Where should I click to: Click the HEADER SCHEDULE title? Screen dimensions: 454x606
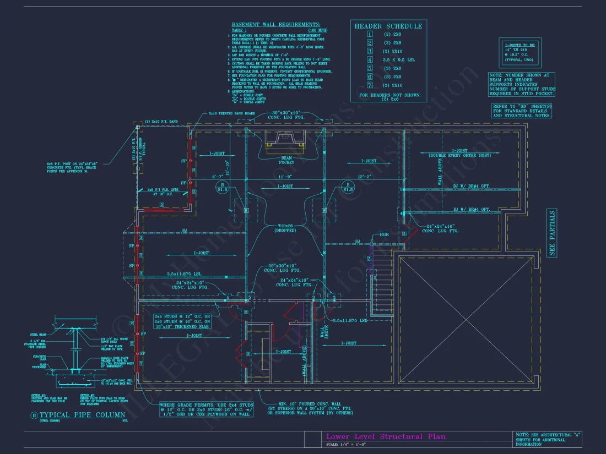[388, 26]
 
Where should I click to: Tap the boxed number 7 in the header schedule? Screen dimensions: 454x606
[370, 85]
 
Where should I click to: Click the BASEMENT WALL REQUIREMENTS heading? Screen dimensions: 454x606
[275, 25]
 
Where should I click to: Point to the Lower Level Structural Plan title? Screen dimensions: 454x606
[386, 436]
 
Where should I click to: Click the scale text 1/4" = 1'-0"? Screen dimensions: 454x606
[345, 444]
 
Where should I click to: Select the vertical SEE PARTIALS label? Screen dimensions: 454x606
[552, 232]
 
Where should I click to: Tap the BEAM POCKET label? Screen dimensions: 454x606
[286, 160]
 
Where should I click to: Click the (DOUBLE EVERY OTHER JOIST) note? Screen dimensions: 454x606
[459, 156]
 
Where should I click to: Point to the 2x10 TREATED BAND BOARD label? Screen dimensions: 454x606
[231, 114]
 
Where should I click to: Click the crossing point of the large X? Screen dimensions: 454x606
[467, 319]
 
